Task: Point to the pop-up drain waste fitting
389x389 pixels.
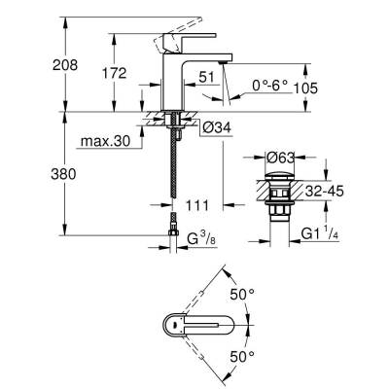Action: [276, 199]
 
